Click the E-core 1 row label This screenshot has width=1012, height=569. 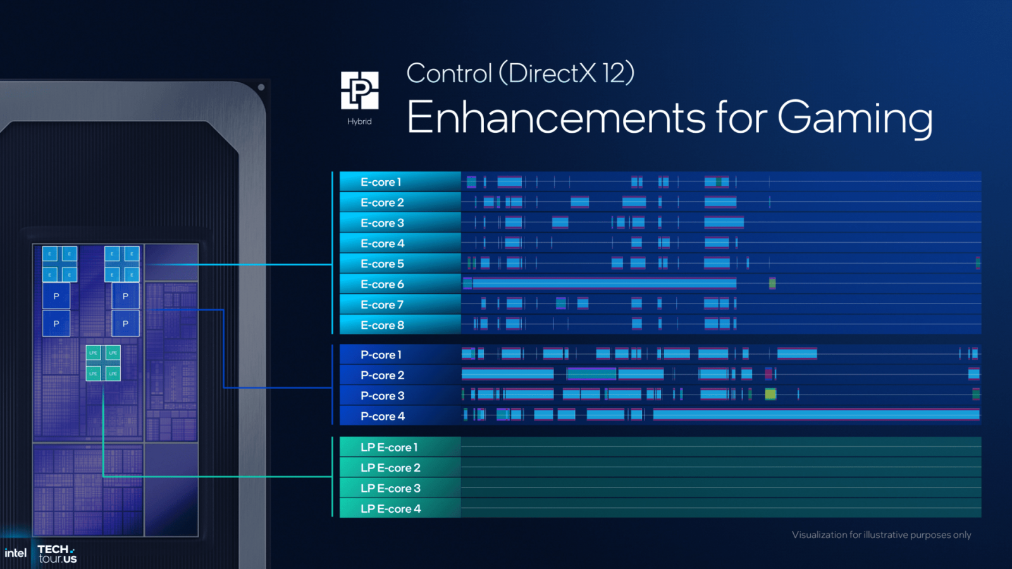click(381, 182)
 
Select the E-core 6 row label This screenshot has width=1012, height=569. click(382, 284)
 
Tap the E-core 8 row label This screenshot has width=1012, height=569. click(382, 326)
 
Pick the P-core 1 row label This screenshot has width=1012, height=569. click(381, 355)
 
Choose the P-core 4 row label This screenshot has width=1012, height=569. click(382, 417)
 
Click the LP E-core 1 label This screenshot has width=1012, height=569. click(389, 448)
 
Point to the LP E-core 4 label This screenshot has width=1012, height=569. click(390, 509)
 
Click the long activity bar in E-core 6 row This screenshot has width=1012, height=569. click(604, 283)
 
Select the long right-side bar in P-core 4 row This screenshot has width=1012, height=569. click(816, 415)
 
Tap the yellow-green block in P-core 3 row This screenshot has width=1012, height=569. click(770, 395)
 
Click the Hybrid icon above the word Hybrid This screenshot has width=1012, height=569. click(359, 90)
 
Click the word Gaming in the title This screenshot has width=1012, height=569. click(855, 118)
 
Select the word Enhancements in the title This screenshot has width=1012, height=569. click(555, 118)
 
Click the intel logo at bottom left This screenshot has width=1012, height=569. click(15, 553)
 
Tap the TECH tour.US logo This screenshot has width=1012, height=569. click(57, 554)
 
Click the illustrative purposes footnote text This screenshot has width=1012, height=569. click(881, 535)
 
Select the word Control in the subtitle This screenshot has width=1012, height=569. click(449, 73)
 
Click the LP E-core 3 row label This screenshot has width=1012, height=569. click(390, 489)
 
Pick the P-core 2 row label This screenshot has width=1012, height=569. click(382, 376)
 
